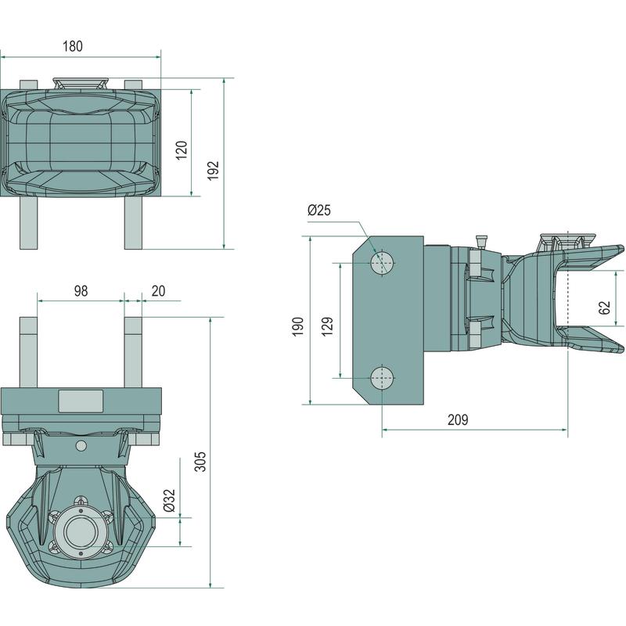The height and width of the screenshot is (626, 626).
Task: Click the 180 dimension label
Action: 72,46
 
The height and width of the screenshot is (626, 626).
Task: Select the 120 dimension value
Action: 181,150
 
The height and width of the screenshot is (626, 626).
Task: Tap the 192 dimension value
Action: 214,171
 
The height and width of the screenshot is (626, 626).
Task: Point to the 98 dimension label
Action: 81,290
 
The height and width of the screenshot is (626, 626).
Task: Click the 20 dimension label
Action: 158,290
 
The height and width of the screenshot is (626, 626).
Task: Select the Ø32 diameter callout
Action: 170,502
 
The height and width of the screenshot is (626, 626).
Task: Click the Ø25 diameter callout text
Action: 319,210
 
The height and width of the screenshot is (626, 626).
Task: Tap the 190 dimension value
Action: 298,326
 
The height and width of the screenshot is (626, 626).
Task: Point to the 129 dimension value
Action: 329,325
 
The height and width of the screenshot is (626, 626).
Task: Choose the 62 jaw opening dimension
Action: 604,306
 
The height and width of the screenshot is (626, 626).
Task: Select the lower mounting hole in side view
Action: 382,378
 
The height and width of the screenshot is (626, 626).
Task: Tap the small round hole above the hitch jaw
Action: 81,445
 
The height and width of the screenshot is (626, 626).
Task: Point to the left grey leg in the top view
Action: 28,223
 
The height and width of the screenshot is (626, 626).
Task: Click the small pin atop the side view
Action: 483,240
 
